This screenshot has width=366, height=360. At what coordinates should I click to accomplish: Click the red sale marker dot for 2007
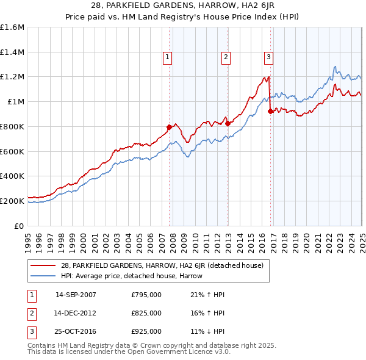pos(169,127)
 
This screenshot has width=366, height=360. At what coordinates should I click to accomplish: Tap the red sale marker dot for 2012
pos(228,123)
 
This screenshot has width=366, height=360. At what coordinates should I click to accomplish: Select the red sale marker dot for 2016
pos(270,110)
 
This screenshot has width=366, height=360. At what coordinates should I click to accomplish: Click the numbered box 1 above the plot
pos(167,57)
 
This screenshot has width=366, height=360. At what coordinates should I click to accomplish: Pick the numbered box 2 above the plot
pos(226,57)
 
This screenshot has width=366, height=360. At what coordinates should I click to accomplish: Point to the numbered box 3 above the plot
pos(268,57)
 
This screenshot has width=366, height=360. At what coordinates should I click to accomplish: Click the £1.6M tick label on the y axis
pos(12,27)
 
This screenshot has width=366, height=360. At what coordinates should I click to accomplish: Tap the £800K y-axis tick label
pos(12,126)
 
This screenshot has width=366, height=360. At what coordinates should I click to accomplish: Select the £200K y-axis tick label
pos(12,201)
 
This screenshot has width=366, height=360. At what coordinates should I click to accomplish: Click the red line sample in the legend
pos(43,265)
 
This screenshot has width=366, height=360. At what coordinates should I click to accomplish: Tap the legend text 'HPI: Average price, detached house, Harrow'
pos(132,276)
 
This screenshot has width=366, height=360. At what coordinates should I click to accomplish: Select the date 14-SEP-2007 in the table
pos(76,295)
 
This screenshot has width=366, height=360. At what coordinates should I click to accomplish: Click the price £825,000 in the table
pos(146,313)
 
